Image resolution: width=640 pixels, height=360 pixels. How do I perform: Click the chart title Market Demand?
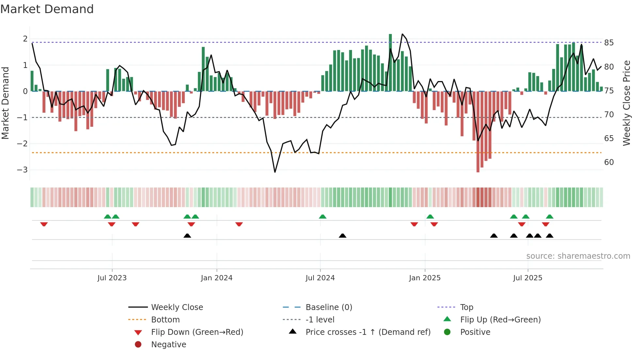pyautogui.click(x=47, y=9)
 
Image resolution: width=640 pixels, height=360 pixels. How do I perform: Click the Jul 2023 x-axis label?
pyautogui.click(x=112, y=278)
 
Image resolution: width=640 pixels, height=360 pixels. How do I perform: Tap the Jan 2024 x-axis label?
pyautogui.click(x=216, y=278)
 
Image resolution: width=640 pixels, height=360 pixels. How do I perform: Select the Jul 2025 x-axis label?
pyautogui.click(x=527, y=278)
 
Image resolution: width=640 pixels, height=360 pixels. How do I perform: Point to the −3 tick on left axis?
pyautogui.click(x=22, y=170)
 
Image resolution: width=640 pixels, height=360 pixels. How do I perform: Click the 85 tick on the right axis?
pyautogui.click(x=609, y=43)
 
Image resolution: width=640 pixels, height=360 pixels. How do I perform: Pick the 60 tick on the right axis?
pyautogui.click(x=609, y=162)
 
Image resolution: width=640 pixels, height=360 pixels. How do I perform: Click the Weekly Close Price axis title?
pyautogui.click(x=626, y=103)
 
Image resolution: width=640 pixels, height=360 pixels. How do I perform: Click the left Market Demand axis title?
pyautogui.click(x=5, y=103)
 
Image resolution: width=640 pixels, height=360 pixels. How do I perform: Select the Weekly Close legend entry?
pyautogui.click(x=177, y=307)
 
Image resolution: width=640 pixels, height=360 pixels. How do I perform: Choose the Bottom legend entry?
pyautogui.click(x=165, y=320)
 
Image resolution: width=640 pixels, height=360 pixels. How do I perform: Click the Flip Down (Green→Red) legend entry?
pyautogui.click(x=197, y=332)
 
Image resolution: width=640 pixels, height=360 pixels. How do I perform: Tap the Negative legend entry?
pyautogui.click(x=168, y=345)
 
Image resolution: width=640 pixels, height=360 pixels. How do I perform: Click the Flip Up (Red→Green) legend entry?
pyautogui.click(x=500, y=320)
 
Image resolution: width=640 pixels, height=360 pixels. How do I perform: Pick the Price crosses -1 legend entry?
pyautogui.click(x=368, y=332)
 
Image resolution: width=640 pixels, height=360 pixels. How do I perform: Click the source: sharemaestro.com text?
pyautogui.click(x=578, y=256)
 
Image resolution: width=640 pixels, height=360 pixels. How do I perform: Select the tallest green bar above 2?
pyautogui.click(x=390, y=62)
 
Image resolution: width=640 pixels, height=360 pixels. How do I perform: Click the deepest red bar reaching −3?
pyautogui.click(x=478, y=131)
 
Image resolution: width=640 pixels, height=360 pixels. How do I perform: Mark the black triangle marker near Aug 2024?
pyautogui.click(x=342, y=236)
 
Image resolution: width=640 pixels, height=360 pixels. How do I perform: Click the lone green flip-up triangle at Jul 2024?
pyautogui.click(x=322, y=217)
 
